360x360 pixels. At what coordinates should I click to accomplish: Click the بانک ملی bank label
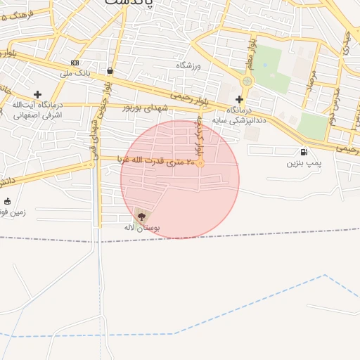click(76, 73)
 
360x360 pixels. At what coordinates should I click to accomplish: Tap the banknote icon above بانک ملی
click(75, 63)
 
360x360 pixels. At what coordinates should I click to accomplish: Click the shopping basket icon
click(110, 71)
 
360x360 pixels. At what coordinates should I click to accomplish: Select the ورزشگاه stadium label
click(188, 65)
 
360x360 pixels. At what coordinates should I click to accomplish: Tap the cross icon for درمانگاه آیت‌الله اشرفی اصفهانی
click(37, 94)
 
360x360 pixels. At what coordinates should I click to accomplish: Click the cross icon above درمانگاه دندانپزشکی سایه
click(239, 99)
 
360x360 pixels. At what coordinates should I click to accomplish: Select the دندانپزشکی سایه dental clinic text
click(247, 119)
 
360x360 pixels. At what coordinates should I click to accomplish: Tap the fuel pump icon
click(304, 152)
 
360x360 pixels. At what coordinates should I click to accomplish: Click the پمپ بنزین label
click(303, 163)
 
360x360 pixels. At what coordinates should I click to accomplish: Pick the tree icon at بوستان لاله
click(142, 217)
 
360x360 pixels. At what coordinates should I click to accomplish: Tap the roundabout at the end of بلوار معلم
click(246, 82)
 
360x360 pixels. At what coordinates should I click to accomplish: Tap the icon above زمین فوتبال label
click(7, 201)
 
